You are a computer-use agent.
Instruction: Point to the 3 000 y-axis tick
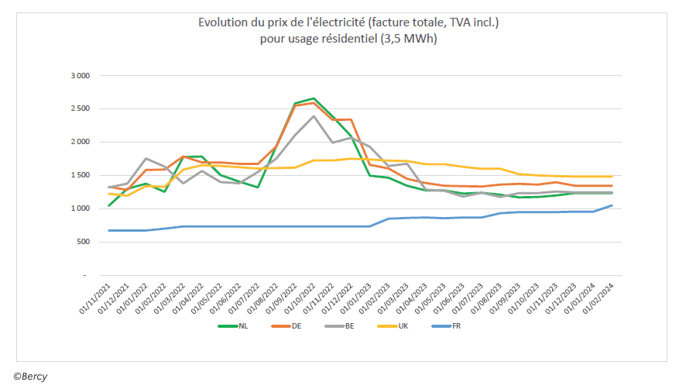(x=81, y=76)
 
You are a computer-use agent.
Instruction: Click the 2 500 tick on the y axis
(x=81, y=109)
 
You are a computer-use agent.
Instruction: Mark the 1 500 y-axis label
(x=81, y=176)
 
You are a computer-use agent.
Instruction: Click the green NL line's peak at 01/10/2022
(x=313, y=98)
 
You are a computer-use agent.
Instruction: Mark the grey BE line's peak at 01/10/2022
(x=313, y=116)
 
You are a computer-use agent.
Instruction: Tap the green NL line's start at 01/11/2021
(x=109, y=205)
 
